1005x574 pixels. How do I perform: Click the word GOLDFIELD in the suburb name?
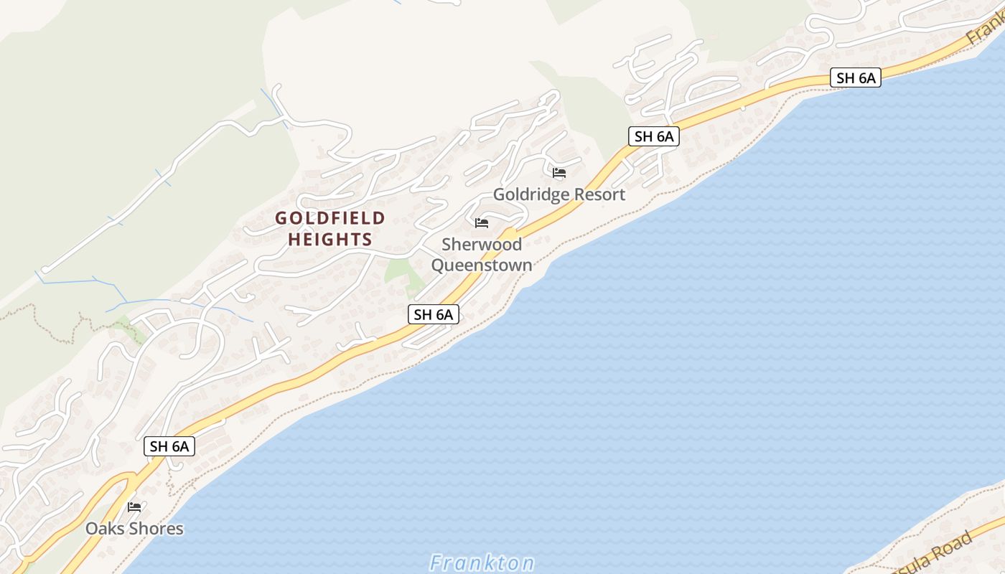(330, 218)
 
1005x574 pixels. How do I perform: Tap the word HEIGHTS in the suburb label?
(330, 240)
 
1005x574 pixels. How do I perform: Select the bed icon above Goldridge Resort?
(559, 173)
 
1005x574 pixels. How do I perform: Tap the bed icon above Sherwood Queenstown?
(482, 223)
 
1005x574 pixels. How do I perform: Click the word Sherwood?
(482, 245)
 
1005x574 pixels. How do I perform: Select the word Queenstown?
(482, 265)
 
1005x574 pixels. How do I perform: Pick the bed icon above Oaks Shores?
(134, 507)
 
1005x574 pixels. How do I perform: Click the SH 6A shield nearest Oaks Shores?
(170, 446)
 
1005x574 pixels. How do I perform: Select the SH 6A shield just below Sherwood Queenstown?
(434, 314)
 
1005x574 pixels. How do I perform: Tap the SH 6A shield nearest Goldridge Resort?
(653, 136)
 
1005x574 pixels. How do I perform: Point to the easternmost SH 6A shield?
(855, 77)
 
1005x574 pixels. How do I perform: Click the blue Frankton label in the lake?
(482, 563)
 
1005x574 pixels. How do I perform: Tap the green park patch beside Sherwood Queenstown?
(399, 271)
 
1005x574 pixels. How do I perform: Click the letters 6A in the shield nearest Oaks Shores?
(179, 446)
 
